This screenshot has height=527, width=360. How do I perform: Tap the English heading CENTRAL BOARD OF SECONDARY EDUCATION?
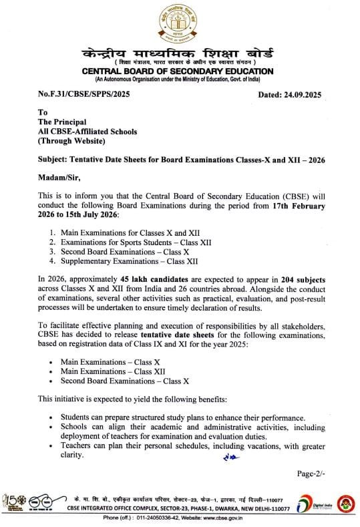178,71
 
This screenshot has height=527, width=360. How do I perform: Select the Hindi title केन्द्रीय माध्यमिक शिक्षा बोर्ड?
178,51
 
